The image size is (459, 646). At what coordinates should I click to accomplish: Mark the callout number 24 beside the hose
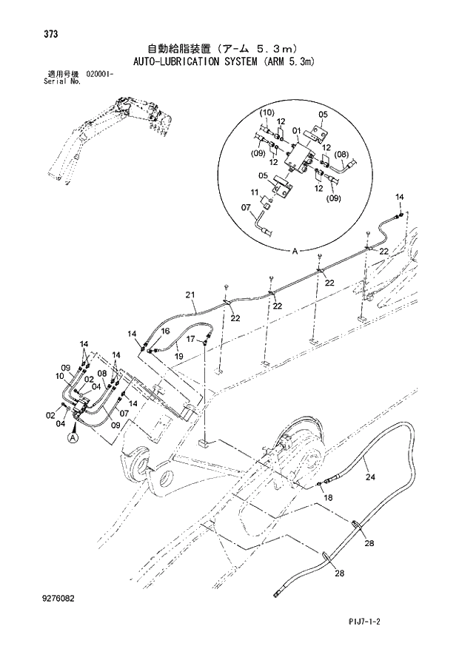click(371, 477)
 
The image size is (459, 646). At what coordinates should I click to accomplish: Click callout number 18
click(328, 498)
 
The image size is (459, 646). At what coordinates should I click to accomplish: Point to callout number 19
click(178, 356)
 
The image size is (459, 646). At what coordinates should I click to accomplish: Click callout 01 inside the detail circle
click(296, 132)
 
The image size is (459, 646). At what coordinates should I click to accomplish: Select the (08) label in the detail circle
click(341, 154)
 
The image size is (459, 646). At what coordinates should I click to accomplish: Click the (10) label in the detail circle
click(267, 112)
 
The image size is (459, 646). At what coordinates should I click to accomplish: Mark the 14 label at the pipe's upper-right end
click(400, 197)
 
